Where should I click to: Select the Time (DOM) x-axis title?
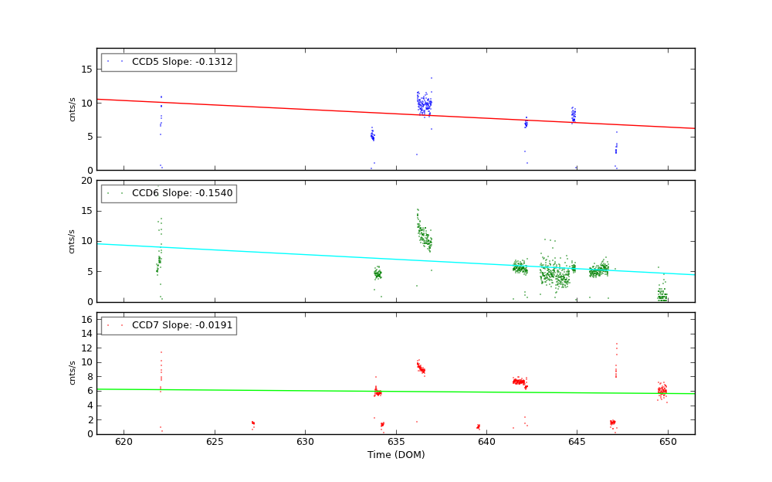point(395,455)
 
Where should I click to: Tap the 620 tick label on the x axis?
point(124,442)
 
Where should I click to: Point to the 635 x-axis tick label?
point(395,442)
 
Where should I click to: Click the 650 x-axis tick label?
point(668,442)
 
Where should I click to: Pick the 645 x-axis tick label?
point(577,442)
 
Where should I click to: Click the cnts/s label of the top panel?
point(73,109)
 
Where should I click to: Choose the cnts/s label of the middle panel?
point(73,241)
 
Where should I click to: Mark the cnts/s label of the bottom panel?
point(73,373)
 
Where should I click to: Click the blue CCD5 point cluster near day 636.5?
point(424,104)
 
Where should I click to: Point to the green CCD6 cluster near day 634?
point(378,274)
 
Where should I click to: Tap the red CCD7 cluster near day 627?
point(252,423)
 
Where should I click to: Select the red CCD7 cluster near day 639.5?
point(478,426)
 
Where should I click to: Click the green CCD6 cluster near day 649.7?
point(662,295)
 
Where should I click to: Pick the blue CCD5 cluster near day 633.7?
point(372,137)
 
